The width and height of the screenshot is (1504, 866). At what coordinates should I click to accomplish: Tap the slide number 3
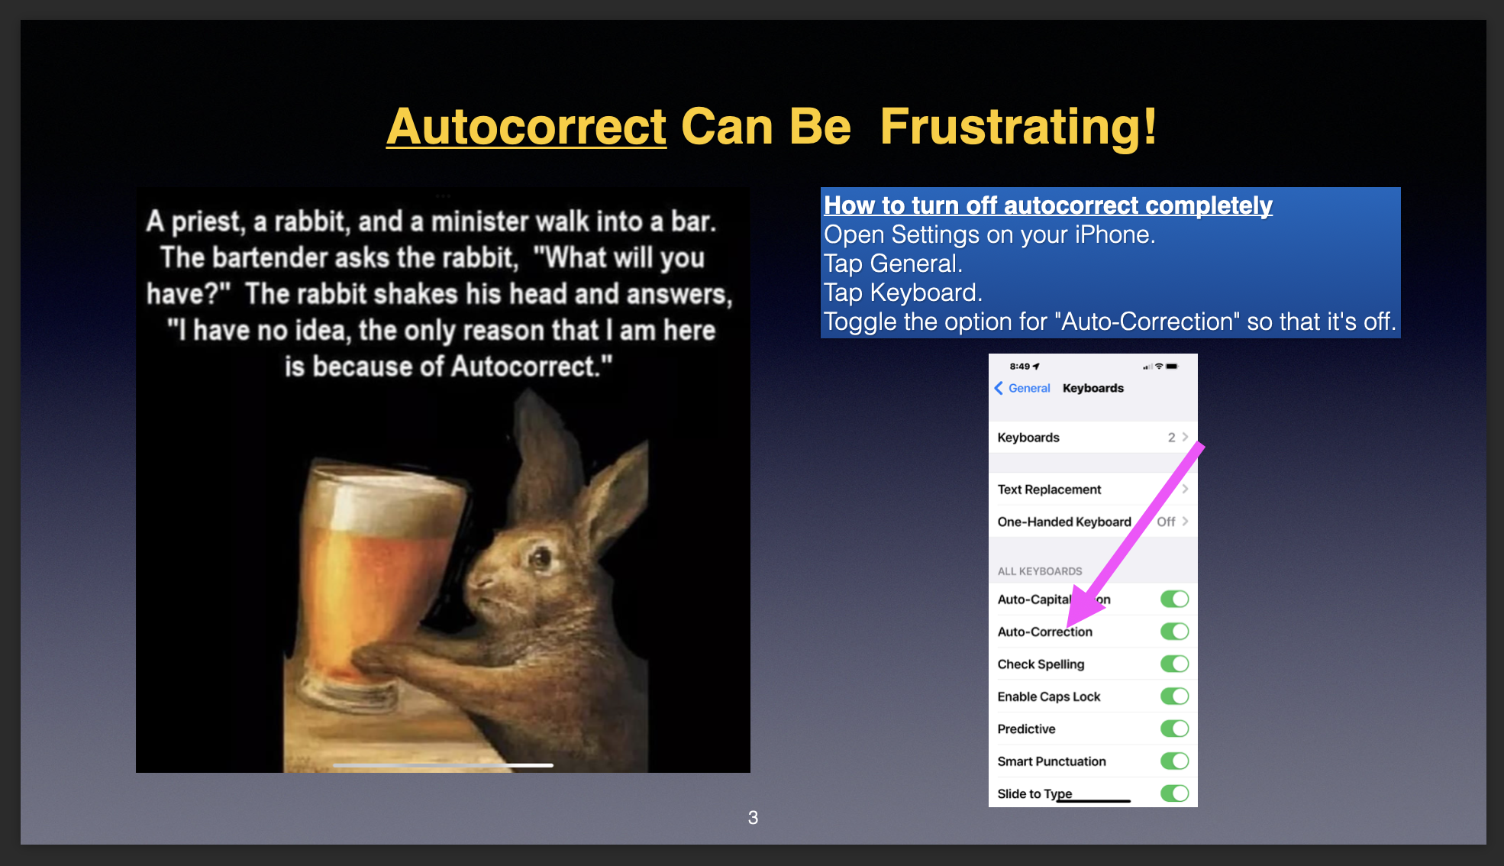point(753,818)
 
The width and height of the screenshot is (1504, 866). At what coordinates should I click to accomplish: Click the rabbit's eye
point(541,558)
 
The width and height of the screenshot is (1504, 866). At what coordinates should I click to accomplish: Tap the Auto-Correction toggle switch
point(1175,632)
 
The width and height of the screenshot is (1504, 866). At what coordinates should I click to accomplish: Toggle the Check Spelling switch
point(1175,664)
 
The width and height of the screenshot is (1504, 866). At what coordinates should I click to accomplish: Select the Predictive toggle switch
point(1175,729)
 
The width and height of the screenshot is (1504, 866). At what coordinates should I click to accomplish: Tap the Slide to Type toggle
point(1175,793)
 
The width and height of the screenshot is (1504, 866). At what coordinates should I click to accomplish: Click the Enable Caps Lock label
point(1049,696)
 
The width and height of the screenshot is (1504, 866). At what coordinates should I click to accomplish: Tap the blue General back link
point(1022,388)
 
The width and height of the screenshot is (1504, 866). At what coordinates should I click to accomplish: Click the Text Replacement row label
point(1049,490)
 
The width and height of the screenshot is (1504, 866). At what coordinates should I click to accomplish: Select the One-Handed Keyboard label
point(1064,522)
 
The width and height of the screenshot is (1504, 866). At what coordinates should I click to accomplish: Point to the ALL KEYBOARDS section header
point(1040,571)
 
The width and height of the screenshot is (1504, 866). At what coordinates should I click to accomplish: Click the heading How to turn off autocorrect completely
point(1048,205)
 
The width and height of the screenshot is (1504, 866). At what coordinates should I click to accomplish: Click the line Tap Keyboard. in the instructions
point(903,292)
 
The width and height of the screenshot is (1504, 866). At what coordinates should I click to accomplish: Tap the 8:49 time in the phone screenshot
point(1019,367)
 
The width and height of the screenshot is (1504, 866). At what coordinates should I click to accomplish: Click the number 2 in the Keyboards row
point(1171,438)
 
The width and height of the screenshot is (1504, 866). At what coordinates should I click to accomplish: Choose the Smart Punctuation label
point(1051,761)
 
